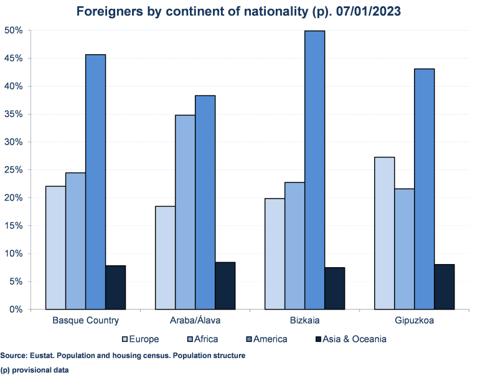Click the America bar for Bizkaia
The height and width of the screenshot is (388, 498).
314,170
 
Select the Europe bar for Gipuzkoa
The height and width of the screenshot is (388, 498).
384,233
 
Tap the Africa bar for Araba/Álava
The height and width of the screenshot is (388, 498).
185,212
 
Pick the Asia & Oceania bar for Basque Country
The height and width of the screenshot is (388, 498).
115,287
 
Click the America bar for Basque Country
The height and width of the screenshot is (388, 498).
95,182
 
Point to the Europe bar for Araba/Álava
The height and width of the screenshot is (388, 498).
165,257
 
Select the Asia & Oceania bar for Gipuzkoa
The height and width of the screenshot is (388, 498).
444,286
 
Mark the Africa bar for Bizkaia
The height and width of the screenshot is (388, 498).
294,245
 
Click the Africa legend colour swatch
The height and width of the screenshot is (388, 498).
187,339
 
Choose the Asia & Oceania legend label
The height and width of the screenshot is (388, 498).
356,339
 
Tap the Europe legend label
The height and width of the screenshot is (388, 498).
144,339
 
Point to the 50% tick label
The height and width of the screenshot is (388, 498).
14,31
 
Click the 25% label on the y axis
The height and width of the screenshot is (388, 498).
14,170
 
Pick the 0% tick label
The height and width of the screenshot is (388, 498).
16,310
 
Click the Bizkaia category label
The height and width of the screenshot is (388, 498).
305,321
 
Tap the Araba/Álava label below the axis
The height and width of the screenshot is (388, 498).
195,321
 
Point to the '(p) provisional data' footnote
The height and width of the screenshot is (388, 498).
34,370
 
